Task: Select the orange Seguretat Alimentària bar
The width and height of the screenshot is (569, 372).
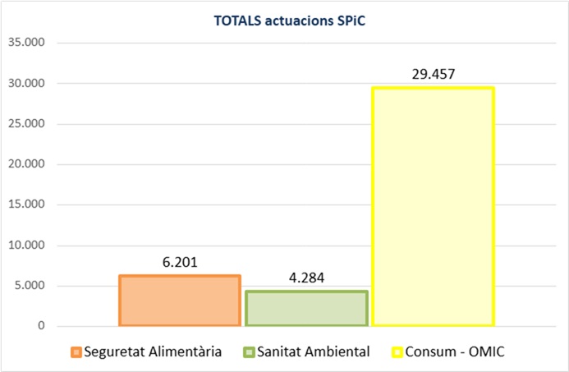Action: click(x=179, y=301)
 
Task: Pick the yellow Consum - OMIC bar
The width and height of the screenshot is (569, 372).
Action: click(x=433, y=206)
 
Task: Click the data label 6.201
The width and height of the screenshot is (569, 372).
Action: click(x=179, y=263)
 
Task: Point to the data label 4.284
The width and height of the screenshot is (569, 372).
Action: click(x=305, y=278)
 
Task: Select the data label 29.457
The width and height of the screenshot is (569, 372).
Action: click(x=433, y=75)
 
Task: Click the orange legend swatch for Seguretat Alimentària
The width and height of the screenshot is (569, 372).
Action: click(x=76, y=352)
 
